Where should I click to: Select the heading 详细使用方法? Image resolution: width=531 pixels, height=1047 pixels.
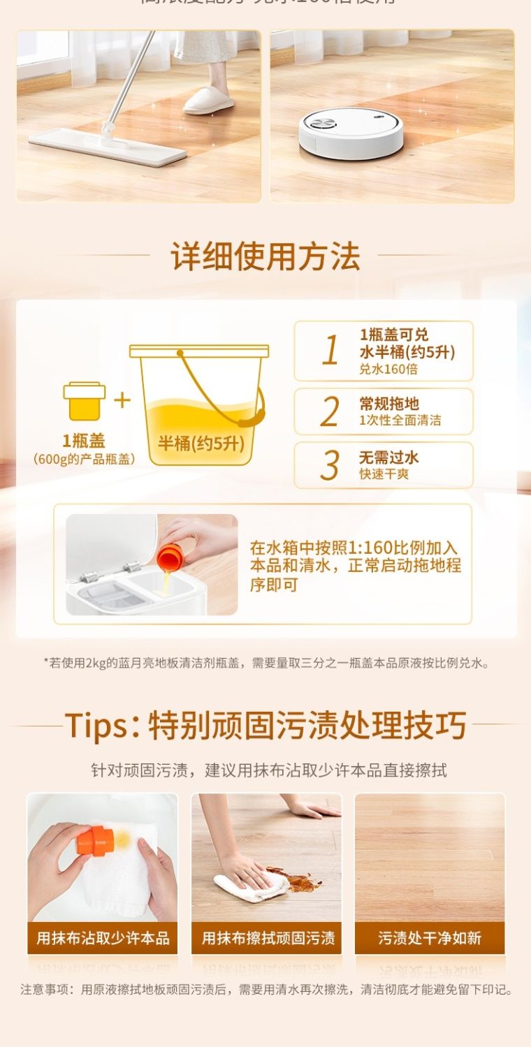point(265,256)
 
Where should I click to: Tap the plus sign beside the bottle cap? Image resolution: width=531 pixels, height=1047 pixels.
point(122,400)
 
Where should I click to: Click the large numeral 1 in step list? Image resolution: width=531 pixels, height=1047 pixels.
point(330,351)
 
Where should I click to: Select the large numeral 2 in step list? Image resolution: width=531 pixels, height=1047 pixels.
point(330,412)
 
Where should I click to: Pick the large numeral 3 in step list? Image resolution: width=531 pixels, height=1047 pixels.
point(330,465)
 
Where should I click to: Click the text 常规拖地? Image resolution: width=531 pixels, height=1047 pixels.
point(389,404)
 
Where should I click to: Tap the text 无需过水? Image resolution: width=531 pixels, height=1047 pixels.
point(389,457)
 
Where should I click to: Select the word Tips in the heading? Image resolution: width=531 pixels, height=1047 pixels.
point(99,726)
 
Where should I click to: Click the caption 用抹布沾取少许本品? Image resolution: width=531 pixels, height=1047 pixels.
point(103,937)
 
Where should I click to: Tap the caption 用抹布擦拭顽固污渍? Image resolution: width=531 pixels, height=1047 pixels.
point(268,937)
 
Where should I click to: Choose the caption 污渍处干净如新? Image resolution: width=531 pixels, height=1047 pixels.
point(430,937)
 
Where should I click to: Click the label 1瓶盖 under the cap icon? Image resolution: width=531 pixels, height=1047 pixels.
point(84,441)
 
